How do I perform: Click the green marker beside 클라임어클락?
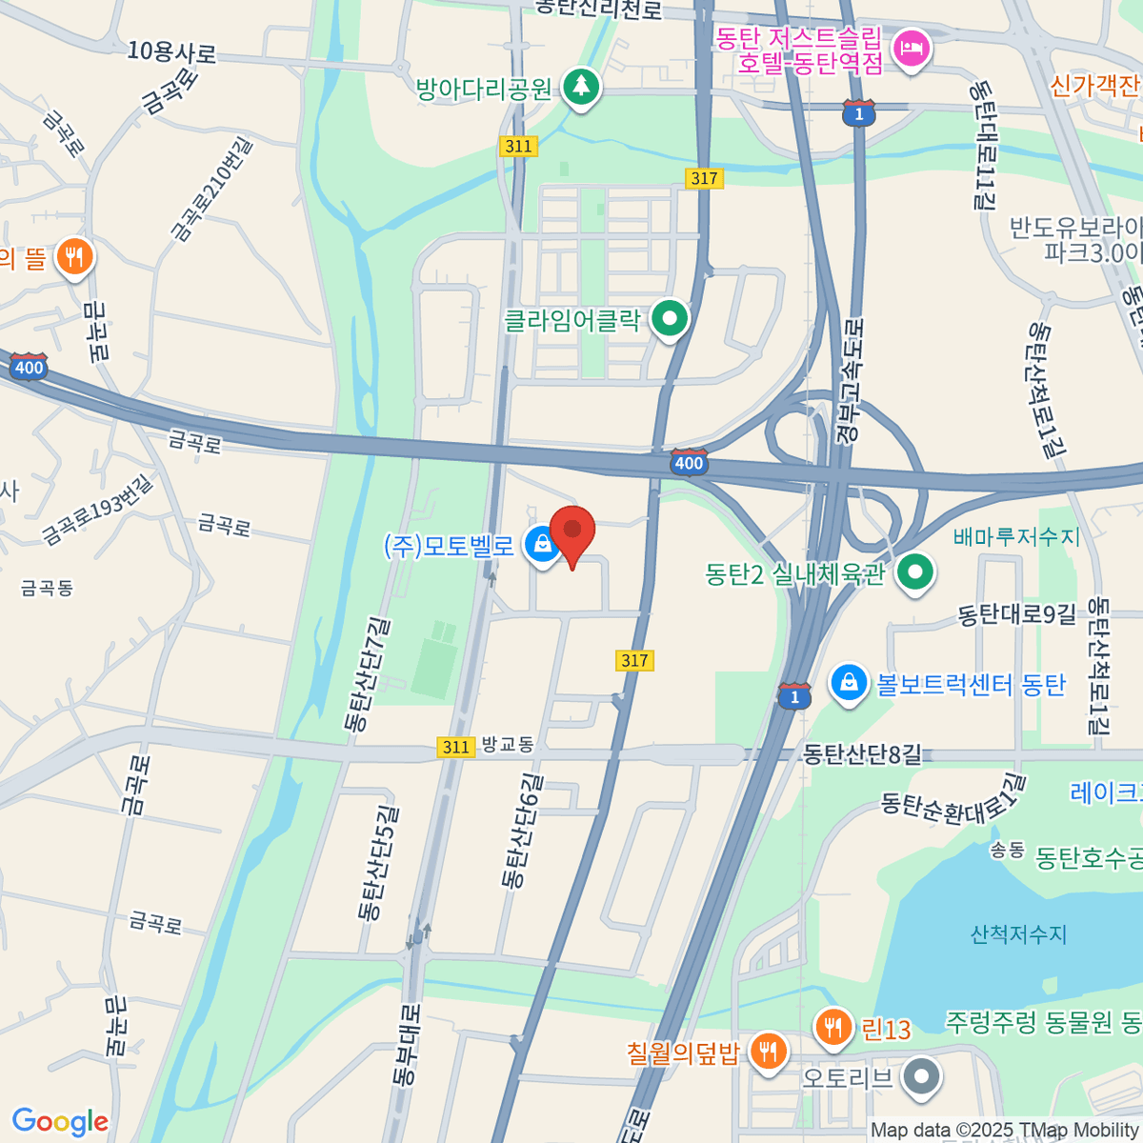tap(670, 318)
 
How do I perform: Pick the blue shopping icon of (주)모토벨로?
tap(542, 545)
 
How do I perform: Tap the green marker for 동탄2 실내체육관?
tap(915, 572)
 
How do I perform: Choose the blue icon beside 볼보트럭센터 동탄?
tap(848, 683)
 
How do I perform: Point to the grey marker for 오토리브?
tap(921, 1077)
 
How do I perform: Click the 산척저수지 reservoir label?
tap(1018, 934)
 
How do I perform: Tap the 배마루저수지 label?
tap(1016, 537)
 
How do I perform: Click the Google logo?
tap(60, 1121)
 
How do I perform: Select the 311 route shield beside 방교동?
tap(456, 748)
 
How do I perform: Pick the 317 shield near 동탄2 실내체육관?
tap(634, 660)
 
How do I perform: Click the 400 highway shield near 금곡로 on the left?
tap(29, 367)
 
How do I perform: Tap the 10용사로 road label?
tap(171, 52)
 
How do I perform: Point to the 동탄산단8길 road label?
tap(862, 754)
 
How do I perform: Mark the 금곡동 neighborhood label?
tap(47, 589)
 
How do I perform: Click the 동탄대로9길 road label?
tap(1016, 615)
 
